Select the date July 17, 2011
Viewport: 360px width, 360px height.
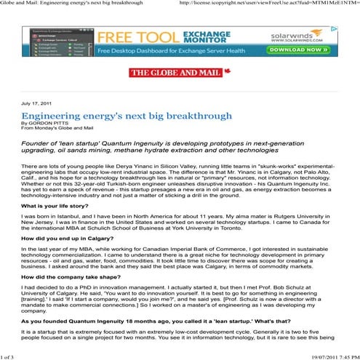(40, 105)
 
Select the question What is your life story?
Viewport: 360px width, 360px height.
(57, 207)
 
